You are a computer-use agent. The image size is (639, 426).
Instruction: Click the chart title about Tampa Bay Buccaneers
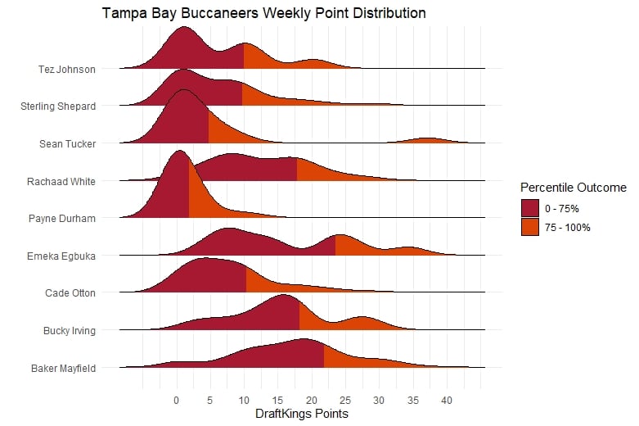tap(263, 13)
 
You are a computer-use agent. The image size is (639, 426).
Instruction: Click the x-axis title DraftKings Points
tap(303, 414)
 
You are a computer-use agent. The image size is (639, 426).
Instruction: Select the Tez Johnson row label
tap(67, 69)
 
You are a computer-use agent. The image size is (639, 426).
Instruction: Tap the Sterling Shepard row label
tap(57, 106)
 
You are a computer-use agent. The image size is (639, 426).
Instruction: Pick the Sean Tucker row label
tap(67, 143)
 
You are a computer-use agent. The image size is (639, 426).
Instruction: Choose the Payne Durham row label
tap(62, 219)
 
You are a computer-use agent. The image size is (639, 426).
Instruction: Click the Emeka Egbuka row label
tap(61, 256)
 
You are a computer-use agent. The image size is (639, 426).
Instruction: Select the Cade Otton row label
tap(70, 293)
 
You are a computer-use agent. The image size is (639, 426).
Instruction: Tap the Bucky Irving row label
tap(70, 331)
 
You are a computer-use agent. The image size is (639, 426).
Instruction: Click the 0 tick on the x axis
tap(176, 401)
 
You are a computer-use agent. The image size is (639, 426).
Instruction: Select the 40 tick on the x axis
tap(446, 401)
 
